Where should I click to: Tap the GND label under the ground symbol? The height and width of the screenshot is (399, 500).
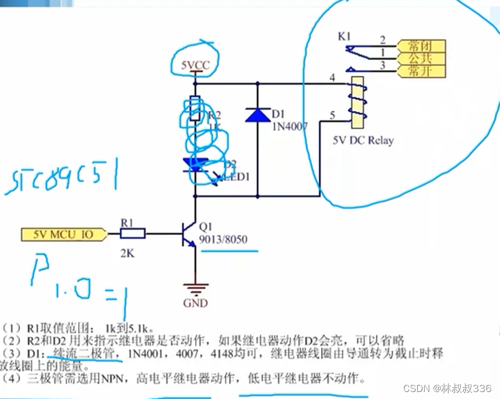tap(195, 303)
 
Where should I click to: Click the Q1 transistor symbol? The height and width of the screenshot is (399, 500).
tap(190, 235)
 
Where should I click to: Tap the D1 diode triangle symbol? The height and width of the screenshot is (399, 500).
tap(258, 114)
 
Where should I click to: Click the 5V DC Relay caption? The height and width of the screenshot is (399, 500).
tap(363, 140)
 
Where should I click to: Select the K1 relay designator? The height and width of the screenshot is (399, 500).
tap(344, 37)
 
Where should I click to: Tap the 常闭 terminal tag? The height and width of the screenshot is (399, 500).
tap(420, 45)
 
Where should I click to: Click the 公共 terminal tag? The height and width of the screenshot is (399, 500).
tap(420, 58)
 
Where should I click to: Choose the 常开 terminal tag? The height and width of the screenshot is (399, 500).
tap(420, 71)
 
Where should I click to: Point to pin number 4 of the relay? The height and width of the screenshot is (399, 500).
tap(332, 77)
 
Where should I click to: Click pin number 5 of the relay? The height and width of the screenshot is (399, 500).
tap(332, 115)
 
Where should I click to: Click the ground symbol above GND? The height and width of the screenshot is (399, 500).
tap(195, 287)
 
